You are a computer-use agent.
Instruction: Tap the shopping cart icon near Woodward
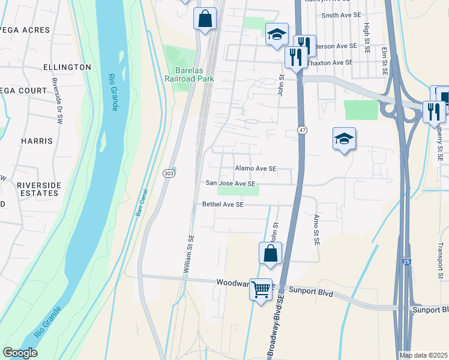(261, 290)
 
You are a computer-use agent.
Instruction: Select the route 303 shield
(169, 173)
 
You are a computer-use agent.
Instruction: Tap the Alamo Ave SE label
(256, 169)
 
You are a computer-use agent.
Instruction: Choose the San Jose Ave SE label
(231, 184)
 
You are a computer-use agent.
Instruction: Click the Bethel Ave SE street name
(223, 205)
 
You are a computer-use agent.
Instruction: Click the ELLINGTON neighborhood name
(67, 67)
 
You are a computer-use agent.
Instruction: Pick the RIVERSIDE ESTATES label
(43, 190)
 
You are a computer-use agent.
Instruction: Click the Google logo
(20, 353)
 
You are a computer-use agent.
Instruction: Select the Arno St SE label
(316, 230)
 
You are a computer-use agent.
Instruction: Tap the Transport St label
(440, 257)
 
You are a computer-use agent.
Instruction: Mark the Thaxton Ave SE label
(330, 62)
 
